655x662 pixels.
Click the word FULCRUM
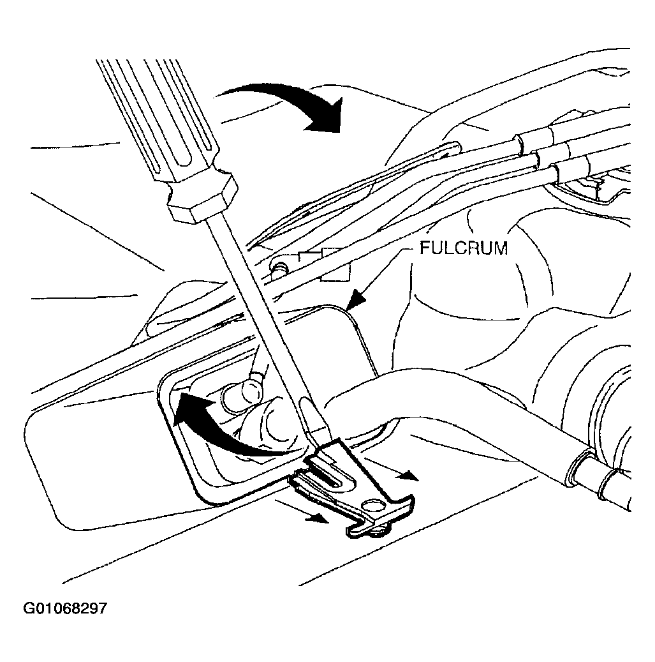tap(464, 248)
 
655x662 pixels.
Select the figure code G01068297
tap(66, 608)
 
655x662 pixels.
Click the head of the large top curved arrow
tap(325, 115)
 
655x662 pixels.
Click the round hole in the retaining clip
tap(373, 505)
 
